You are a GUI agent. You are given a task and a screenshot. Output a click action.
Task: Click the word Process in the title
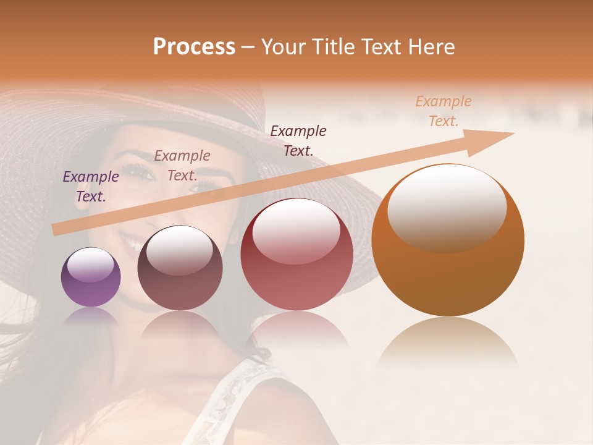[194, 47]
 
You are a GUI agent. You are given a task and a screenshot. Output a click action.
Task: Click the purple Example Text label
[91, 187]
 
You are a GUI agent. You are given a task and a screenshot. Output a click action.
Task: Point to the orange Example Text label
[444, 111]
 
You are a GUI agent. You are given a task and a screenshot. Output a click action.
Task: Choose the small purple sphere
[91, 278]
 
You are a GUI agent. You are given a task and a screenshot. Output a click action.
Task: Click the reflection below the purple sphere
[91, 317]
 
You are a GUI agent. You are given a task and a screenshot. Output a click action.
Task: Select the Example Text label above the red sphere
[298, 140]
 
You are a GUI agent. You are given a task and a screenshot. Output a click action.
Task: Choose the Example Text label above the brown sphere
[182, 166]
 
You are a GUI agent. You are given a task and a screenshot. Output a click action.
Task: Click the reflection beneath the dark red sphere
[296, 331]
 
